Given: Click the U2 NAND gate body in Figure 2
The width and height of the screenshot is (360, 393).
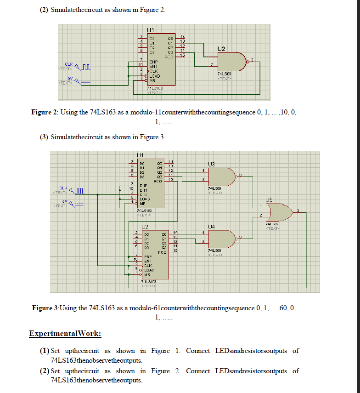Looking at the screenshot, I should [232, 61].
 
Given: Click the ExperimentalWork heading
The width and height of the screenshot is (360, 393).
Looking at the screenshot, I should [65, 333].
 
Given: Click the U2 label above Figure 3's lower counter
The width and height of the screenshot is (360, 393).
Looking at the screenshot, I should [144, 226].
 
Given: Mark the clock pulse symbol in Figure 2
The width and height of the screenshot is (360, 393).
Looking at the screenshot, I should [86, 68].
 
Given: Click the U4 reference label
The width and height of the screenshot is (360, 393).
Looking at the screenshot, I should [211, 226].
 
